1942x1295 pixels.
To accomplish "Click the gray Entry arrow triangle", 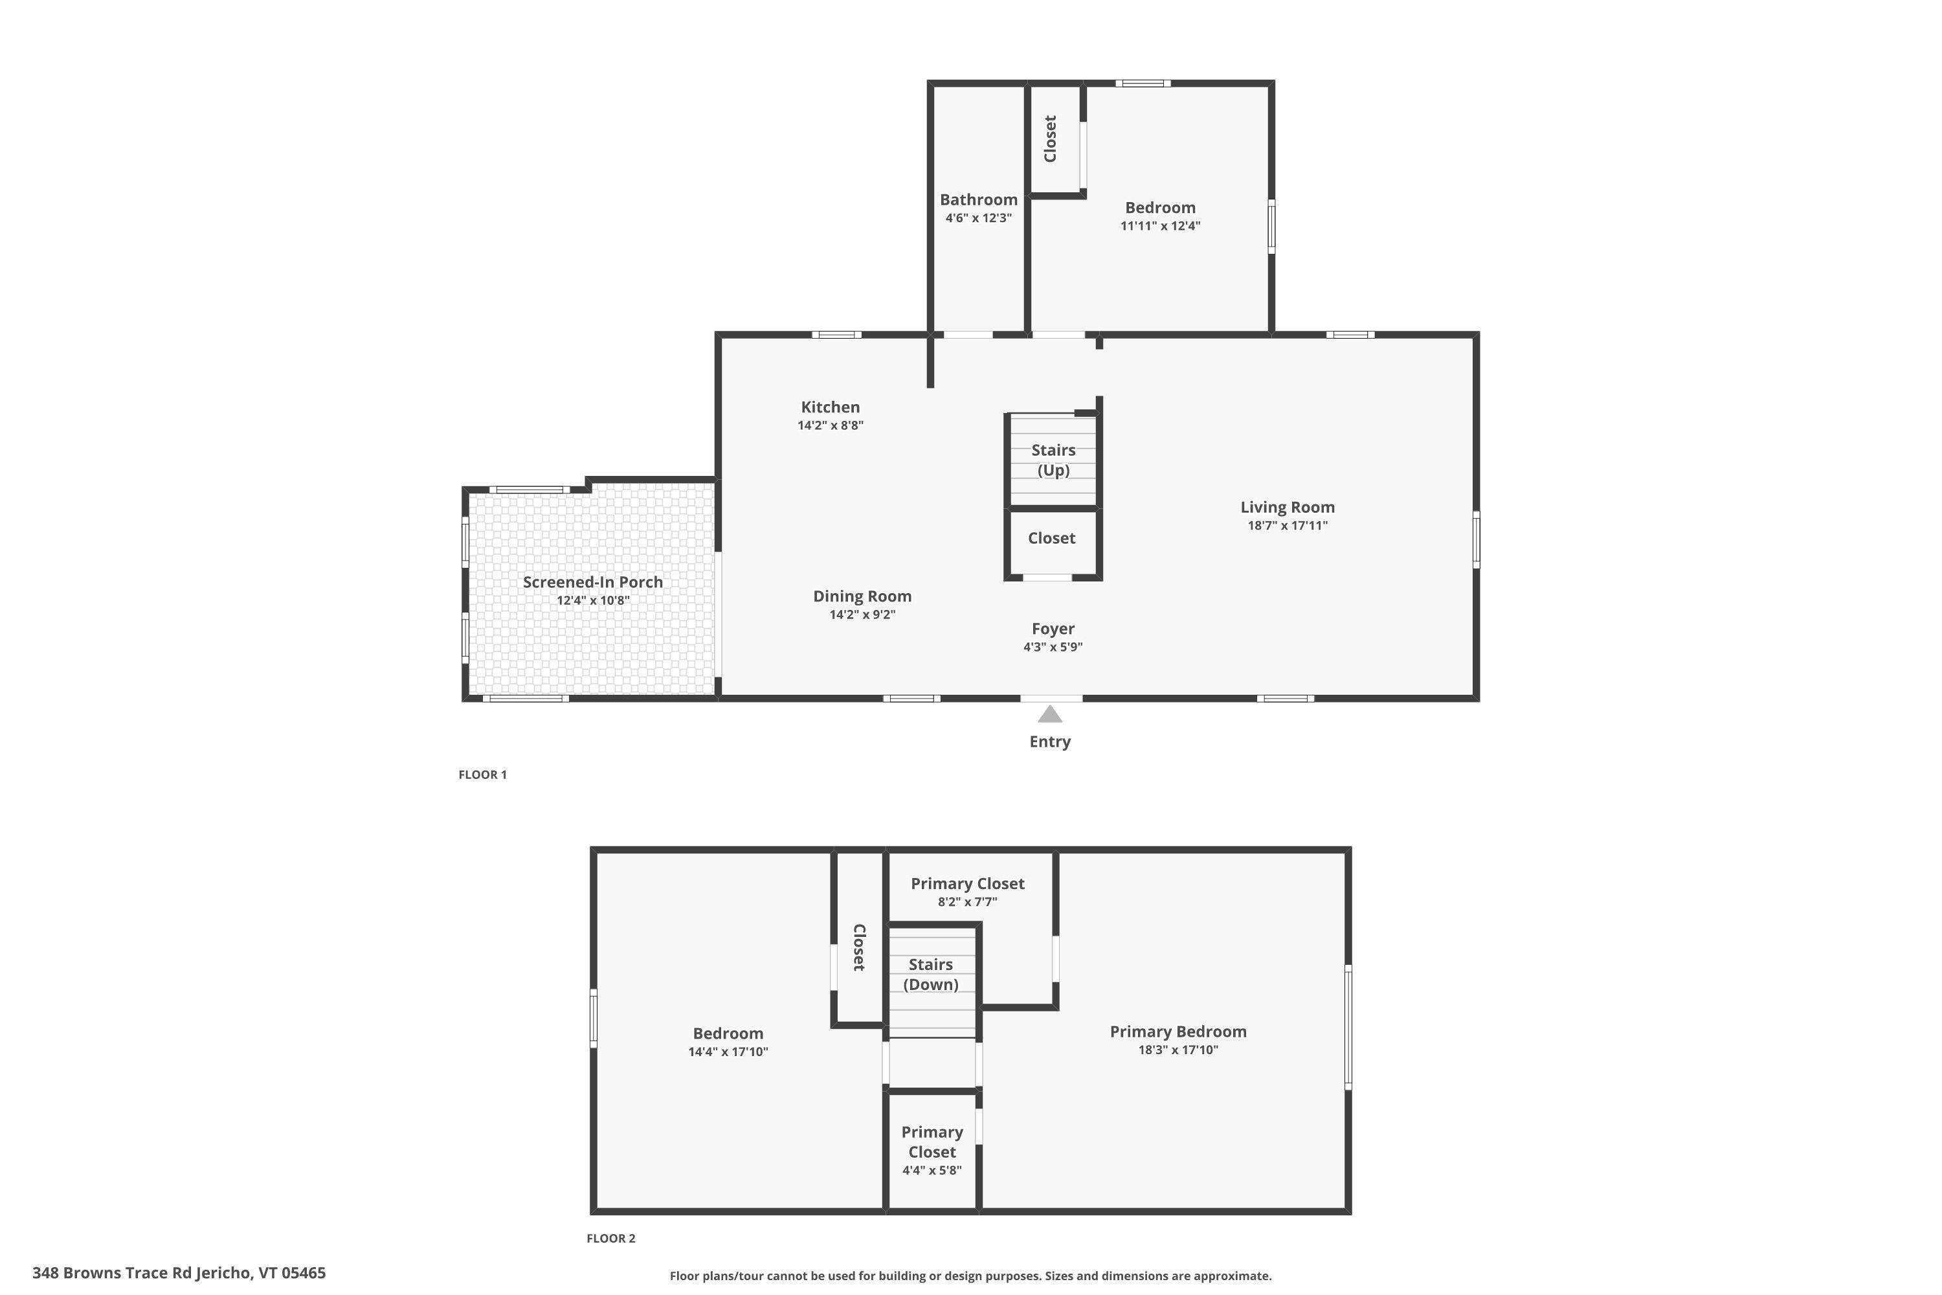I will coord(1049,714).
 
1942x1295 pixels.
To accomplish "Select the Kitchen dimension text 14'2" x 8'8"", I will coord(830,425).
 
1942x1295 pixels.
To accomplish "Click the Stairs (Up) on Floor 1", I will coord(1053,460).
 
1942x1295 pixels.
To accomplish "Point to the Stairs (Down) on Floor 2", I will coord(931,974).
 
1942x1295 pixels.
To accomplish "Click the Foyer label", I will coord(1053,629).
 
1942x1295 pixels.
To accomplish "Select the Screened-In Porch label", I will coord(592,581).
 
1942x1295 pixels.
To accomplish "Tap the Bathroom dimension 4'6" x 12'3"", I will coord(978,218).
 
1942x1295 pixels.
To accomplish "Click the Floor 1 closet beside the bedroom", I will coord(1050,139).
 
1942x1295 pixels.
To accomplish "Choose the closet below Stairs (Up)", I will coord(1051,539).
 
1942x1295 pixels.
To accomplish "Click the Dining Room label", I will coord(862,596).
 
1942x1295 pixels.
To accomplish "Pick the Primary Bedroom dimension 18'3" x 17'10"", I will coord(1177,1050).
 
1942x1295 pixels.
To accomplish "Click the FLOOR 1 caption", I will coord(482,774).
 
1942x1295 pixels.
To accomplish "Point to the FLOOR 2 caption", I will coord(610,1238).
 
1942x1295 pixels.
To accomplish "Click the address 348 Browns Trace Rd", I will coord(179,1273).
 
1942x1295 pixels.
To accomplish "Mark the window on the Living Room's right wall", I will coord(1477,539).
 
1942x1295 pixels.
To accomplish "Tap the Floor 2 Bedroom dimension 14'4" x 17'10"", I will coord(728,1052).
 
